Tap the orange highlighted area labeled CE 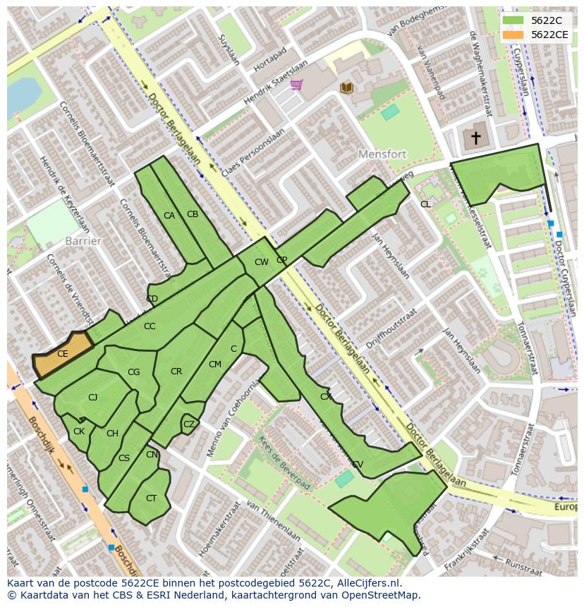tap(63, 355)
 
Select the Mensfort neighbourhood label tap(384, 154)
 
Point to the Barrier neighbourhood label tap(83, 241)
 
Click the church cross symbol tap(476, 137)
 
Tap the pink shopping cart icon tap(296, 85)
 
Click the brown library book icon tap(346, 87)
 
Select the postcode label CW tap(261, 262)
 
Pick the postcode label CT tap(151, 498)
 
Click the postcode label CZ tap(188, 424)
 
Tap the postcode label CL tap(425, 204)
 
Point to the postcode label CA tap(169, 216)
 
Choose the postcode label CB tap(193, 214)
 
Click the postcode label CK tap(79, 431)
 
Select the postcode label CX tap(325, 397)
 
